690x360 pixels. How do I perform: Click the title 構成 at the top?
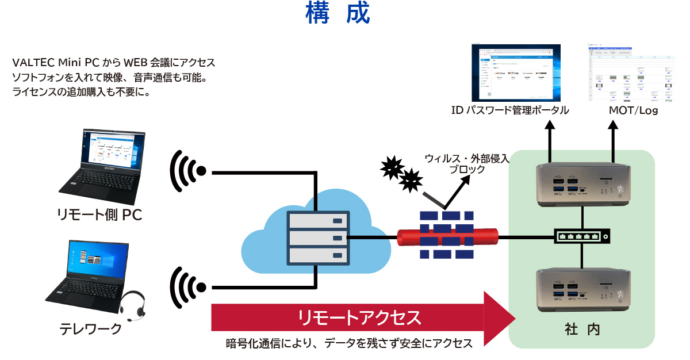pos(338,14)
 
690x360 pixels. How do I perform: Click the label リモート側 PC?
pos(99,215)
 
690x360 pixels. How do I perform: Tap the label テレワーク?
pos(91,329)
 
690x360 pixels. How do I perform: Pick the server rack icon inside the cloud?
pos(318,237)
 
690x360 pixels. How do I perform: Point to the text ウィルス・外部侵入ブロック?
pos(466,164)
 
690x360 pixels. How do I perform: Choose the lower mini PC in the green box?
pos(582,290)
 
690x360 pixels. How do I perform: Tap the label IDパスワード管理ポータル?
pos(510,110)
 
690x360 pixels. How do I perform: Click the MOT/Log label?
pos(632,110)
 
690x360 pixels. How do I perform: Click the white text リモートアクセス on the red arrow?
pos(359,317)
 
